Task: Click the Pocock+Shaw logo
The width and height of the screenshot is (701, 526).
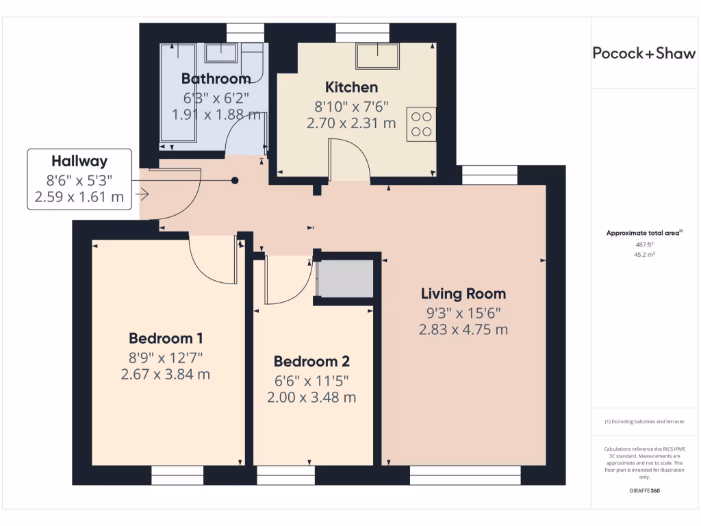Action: coord(643,54)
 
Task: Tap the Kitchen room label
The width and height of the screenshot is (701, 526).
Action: coord(351,87)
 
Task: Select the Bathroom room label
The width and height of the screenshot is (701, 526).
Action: coord(216,78)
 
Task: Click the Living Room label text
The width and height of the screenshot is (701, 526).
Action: coord(463,294)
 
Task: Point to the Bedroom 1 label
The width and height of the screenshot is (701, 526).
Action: coord(166,338)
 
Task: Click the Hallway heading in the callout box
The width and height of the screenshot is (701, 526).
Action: coord(79,162)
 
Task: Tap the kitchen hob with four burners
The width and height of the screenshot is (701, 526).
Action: coord(421,124)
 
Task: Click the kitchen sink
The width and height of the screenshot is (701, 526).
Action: coord(377,55)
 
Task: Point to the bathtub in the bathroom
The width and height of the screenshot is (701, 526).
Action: coord(178,96)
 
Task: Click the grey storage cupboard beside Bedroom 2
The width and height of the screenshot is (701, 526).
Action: coord(346,278)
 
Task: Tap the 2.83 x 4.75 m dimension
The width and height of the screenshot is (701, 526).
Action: coord(463,329)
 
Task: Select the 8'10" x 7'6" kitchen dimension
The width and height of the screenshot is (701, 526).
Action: coord(351,106)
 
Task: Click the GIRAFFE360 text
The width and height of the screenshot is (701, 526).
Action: coord(643,491)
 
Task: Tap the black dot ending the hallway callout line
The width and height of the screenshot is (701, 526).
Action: coord(235,181)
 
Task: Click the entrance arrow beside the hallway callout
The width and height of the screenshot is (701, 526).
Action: coord(142,195)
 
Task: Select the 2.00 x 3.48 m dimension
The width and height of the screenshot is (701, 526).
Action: coord(311,397)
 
